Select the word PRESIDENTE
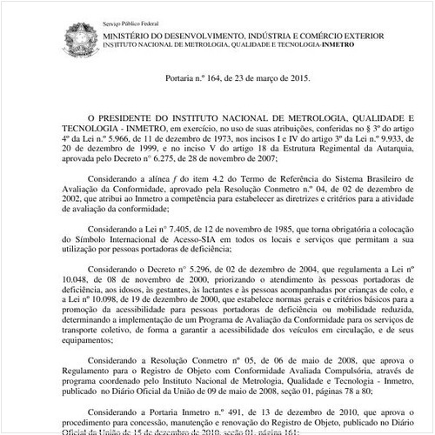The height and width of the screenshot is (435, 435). pyautogui.click(x=132, y=116)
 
